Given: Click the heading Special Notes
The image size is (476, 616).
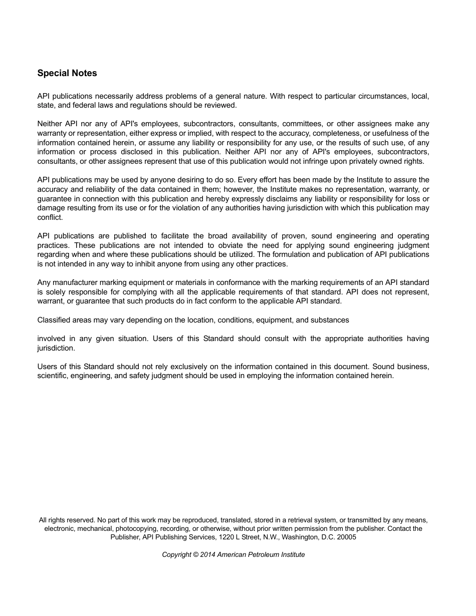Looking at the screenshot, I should (67, 73).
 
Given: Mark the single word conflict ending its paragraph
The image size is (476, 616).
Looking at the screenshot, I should (50, 217).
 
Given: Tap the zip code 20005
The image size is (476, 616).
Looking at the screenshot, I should (346, 537).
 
